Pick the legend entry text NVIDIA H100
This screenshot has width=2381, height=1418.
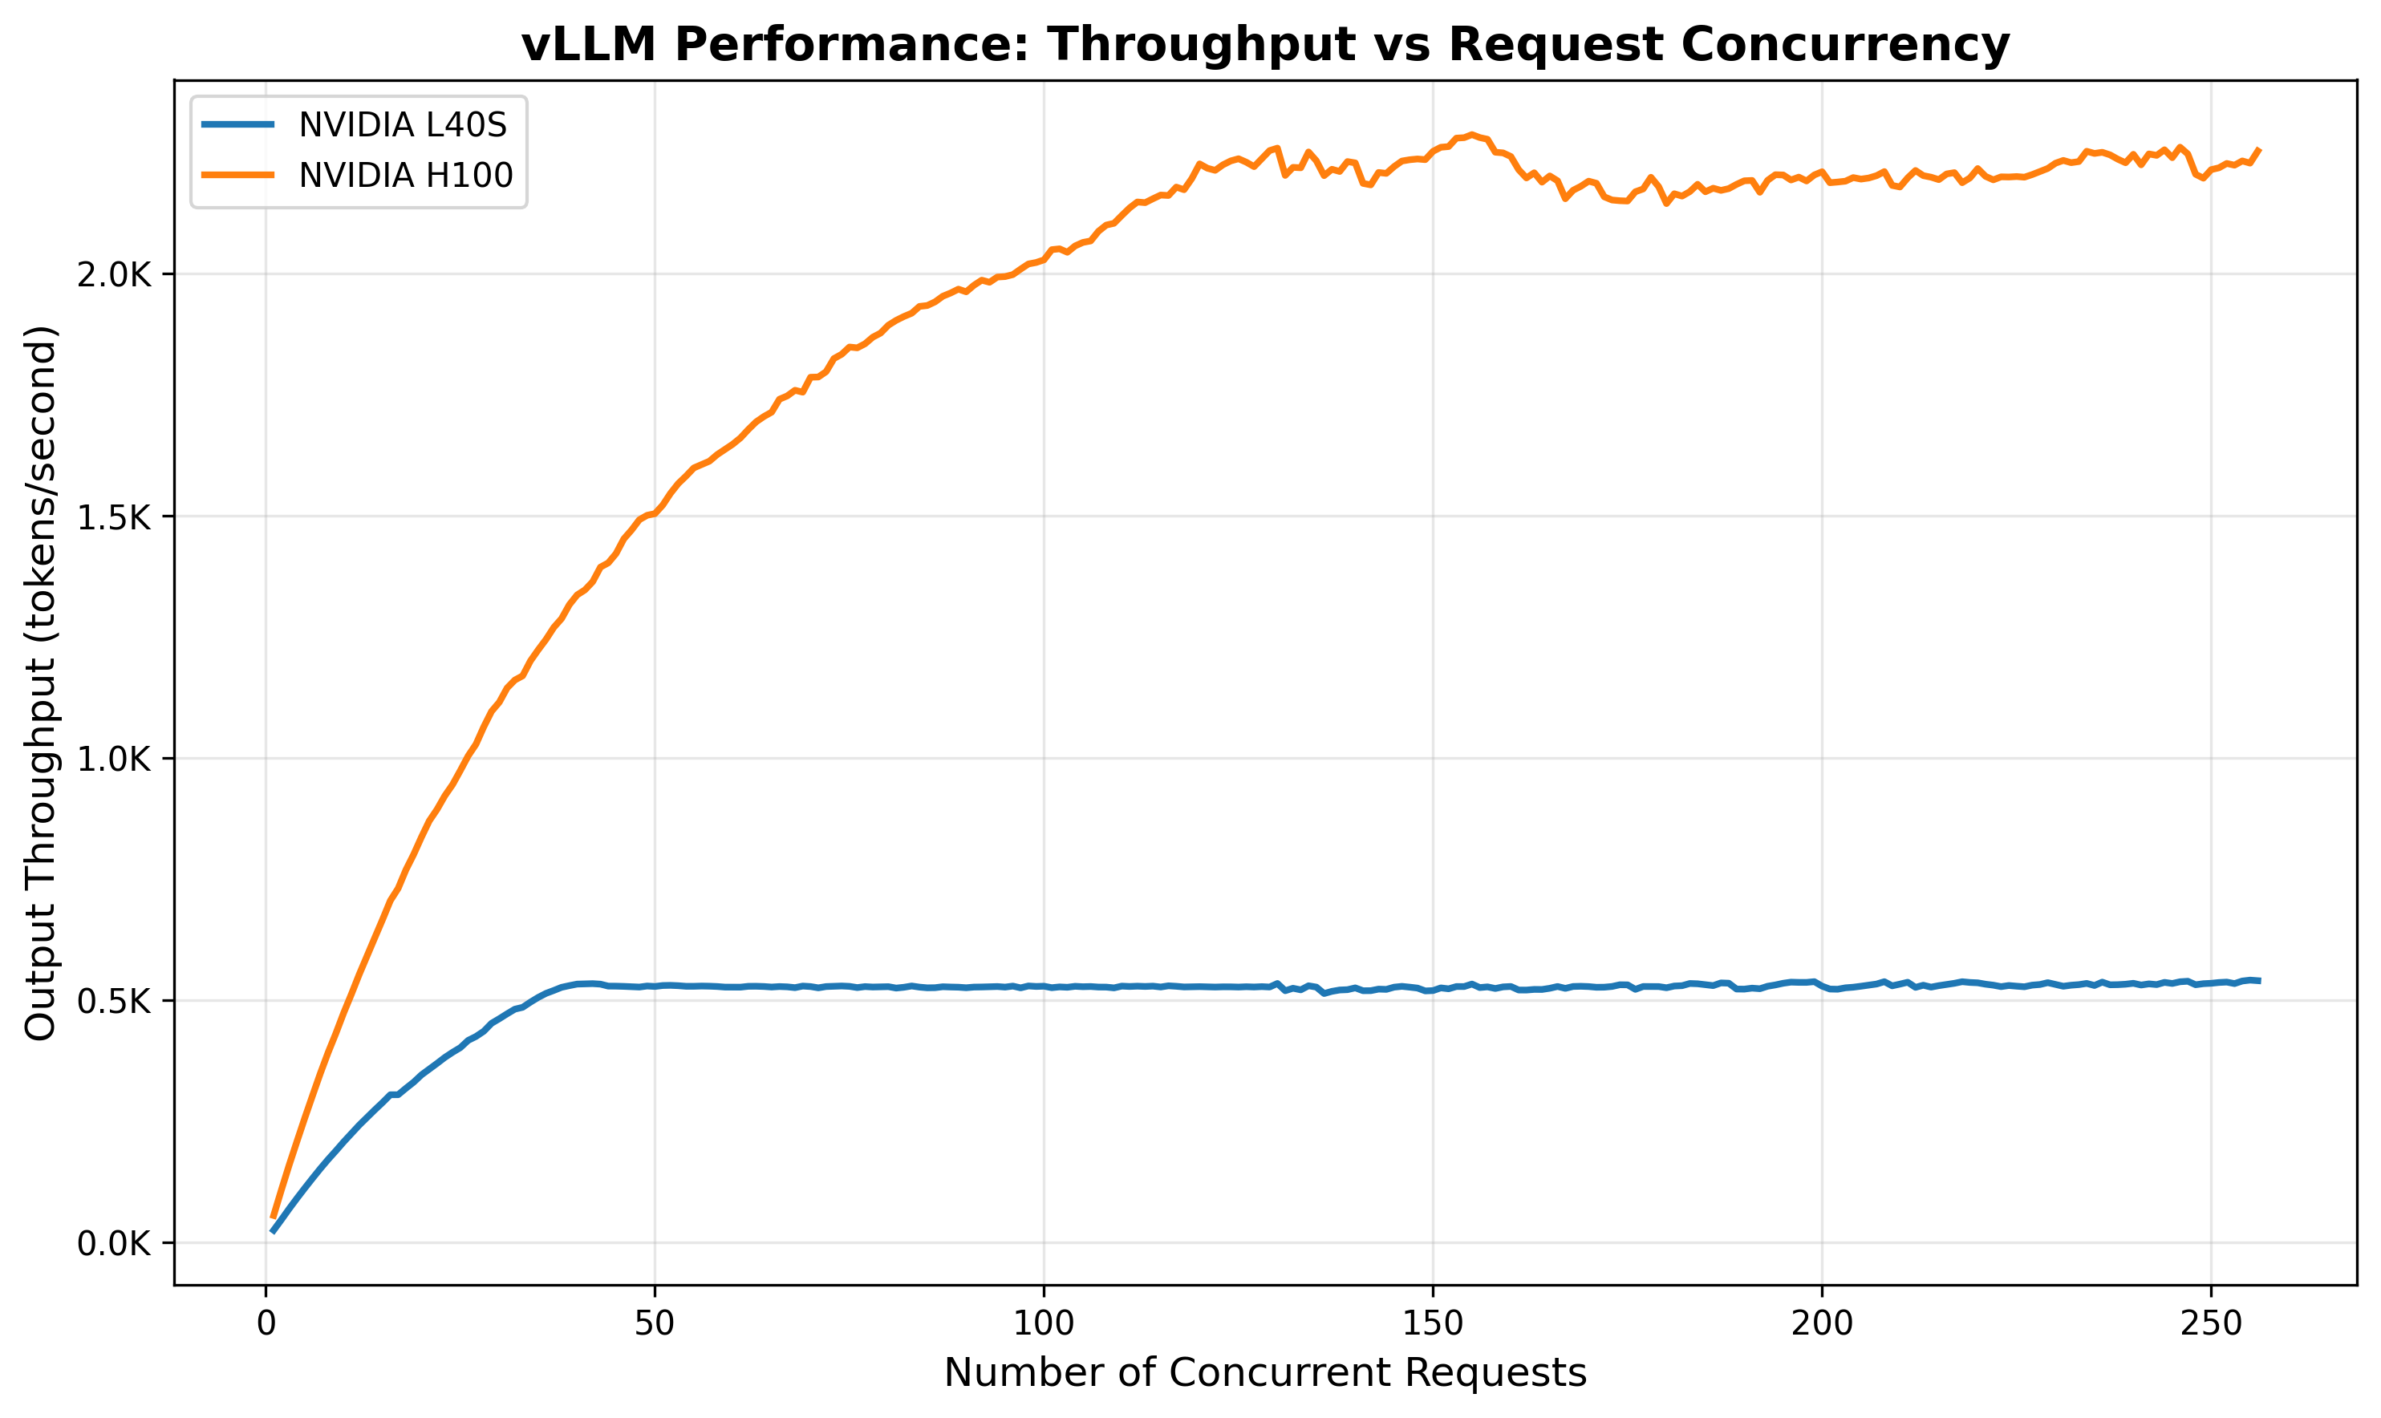point(405,175)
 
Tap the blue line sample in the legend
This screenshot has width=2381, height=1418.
point(238,125)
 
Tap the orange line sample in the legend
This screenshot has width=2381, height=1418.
point(238,175)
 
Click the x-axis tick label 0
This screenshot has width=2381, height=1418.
point(266,1324)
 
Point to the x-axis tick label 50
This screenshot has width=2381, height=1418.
point(655,1324)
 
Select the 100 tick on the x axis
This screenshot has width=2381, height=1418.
point(1044,1324)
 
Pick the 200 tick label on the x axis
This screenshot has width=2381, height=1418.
point(1821,1324)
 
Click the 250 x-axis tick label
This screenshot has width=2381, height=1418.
point(2210,1324)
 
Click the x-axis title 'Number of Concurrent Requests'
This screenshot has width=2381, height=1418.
point(1265,1373)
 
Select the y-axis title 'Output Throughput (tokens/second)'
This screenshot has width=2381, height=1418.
point(41,683)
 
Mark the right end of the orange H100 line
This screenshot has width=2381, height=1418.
point(2259,149)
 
